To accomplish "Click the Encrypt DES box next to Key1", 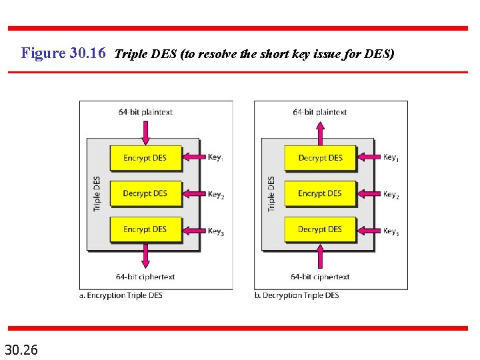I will tap(145, 158).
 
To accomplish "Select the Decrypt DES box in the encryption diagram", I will tap(145, 193).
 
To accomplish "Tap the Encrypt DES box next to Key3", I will tap(145, 229).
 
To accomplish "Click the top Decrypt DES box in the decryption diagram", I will tap(320, 158).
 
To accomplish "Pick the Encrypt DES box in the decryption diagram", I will tap(320, 193).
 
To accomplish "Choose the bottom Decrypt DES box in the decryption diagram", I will tap(320, 229).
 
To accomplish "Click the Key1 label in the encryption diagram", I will tap(215, 158).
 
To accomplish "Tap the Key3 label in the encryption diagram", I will tap(215, 231).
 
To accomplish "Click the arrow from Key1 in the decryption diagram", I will tap(369, 158).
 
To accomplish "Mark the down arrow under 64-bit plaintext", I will tap(145, 131).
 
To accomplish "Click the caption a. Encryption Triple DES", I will tap(121, 295).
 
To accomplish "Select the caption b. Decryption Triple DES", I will tap(297, 295).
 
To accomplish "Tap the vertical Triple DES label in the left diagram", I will tap(97, 194).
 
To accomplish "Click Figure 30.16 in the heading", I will tap(63, 53).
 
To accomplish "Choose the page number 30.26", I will tap(21, 349).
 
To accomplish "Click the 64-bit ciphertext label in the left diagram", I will tap(145, 277).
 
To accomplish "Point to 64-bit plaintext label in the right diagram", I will tap(320, 112).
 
